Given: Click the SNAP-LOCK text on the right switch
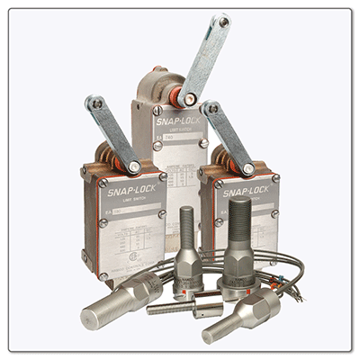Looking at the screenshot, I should (x=244, y=192).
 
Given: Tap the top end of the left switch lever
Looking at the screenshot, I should (x=94, y=104).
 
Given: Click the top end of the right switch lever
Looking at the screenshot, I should (x=211, y=110).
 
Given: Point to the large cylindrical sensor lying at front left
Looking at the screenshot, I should (x=117, y=301).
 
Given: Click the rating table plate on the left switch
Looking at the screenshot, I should (x=126, y=238).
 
